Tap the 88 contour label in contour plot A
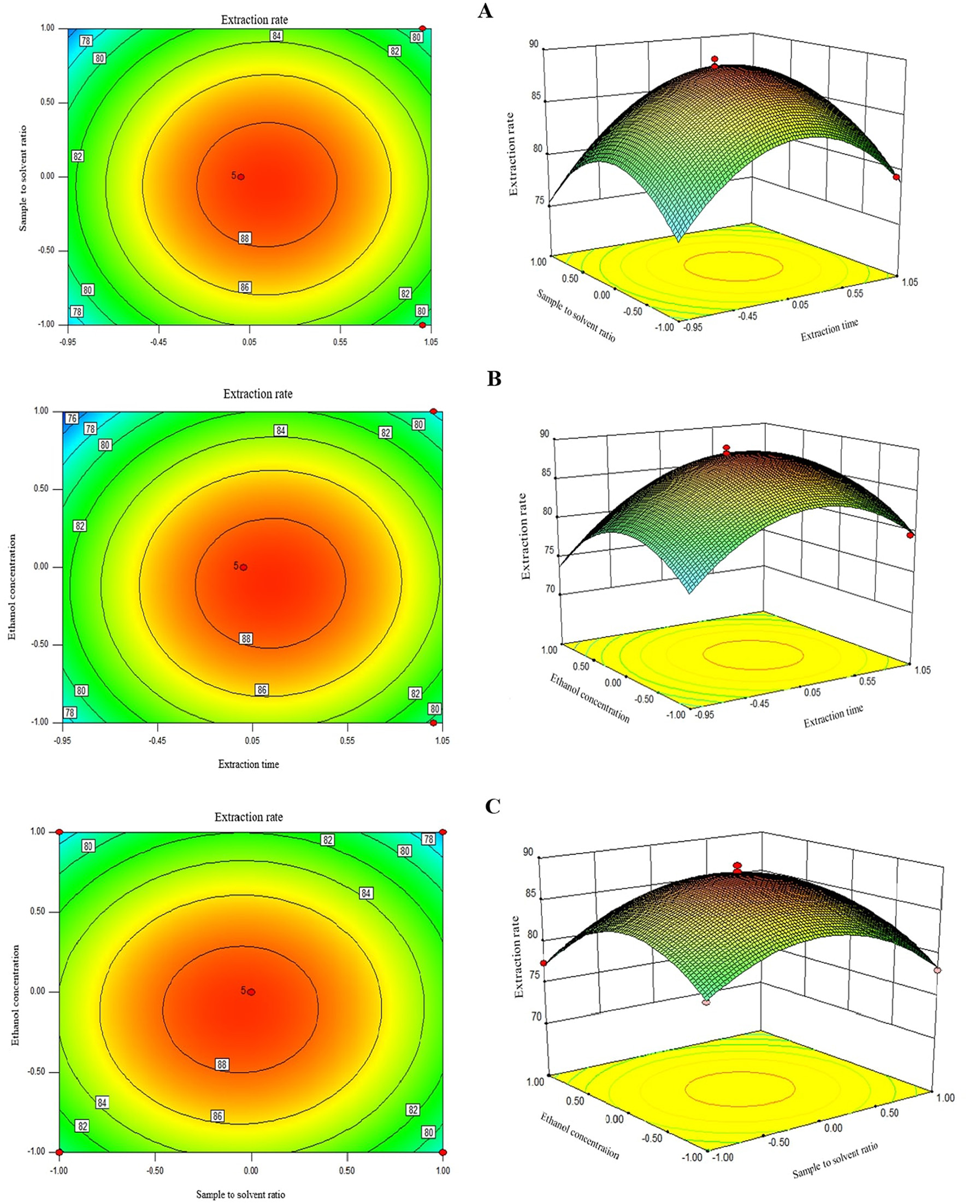pos(245,238)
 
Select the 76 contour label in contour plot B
pos(72,418)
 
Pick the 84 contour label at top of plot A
pos(276,36)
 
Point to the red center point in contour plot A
pos(240,177)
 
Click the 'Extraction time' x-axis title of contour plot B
pos(249,764)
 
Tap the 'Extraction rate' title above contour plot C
pos(249,817)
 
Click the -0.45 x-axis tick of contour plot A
pos(158,342)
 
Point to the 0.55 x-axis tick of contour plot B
pos(347,741)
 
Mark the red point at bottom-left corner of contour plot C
pos(59,1152)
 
